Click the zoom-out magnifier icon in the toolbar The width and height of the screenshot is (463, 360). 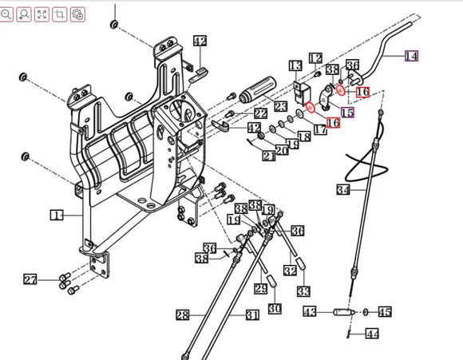tap(7, 14)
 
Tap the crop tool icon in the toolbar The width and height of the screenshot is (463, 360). tap(60, 14)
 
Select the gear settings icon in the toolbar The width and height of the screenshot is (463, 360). tap(77, 14)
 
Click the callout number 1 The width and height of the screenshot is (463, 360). tap(57, 216)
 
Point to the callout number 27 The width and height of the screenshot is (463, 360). tap(30, 279)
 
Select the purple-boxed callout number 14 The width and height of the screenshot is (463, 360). tap(410, 56)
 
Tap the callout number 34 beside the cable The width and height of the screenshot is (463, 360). tap(343, 190)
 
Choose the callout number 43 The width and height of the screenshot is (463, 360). tap(310, 311)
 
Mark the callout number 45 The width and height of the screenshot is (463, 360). tap(385, 311)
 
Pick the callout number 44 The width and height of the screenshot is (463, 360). tap(372, 334)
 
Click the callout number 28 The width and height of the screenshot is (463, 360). tap(183, 315)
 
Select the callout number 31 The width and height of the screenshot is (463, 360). tap(252, 315)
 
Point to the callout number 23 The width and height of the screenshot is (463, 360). tap(280, 107)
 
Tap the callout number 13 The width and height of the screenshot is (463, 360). tap(296, 65)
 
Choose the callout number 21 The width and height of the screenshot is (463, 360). tap(268, 155)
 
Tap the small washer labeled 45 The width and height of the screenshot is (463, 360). tap(366, 311)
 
